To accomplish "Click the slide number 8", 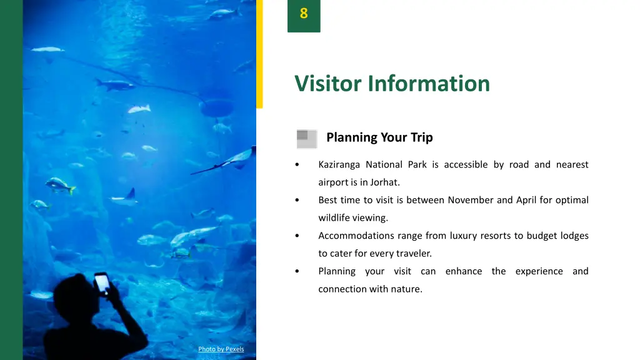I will point(304,14).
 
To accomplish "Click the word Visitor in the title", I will point(329,83).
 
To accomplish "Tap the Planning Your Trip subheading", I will point(379,137).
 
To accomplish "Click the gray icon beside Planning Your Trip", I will point(306,139).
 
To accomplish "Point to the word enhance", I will point(464,272).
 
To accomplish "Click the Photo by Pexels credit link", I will point(221,349).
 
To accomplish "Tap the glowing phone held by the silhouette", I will point(102,283).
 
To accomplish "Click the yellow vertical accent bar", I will point(259,54).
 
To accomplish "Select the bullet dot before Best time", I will point(297,201).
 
